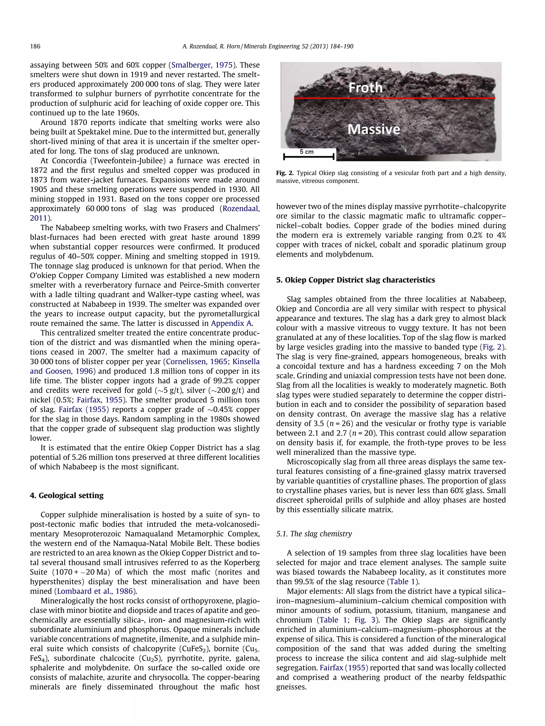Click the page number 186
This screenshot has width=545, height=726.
[x=35, y=46]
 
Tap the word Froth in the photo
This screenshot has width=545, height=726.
[x=365, y=88]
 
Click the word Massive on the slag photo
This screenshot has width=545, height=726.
[x=374, y=129]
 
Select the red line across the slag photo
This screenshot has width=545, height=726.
[x=394, y=98]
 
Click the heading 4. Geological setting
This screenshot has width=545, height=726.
[x=67, y=495]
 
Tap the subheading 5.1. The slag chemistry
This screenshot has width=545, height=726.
[x=314, y=534]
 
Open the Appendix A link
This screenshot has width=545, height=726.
[x=232, y=323]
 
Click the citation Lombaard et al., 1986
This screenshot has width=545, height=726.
[x=95, y=591]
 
